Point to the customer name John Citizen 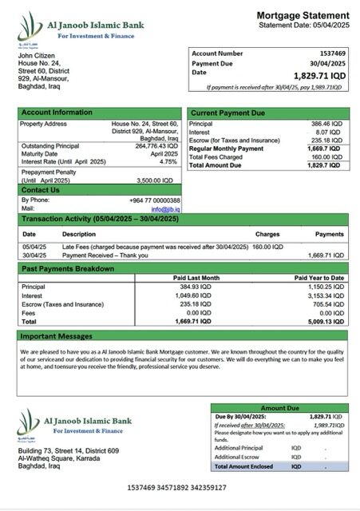(36, 54)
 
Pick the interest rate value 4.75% (168, 161)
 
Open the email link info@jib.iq (165, 208)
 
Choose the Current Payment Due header (227, 113)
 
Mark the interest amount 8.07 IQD (329, 133)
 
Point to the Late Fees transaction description (155, 247)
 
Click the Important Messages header (57, 336)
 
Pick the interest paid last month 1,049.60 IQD (194, 295)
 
